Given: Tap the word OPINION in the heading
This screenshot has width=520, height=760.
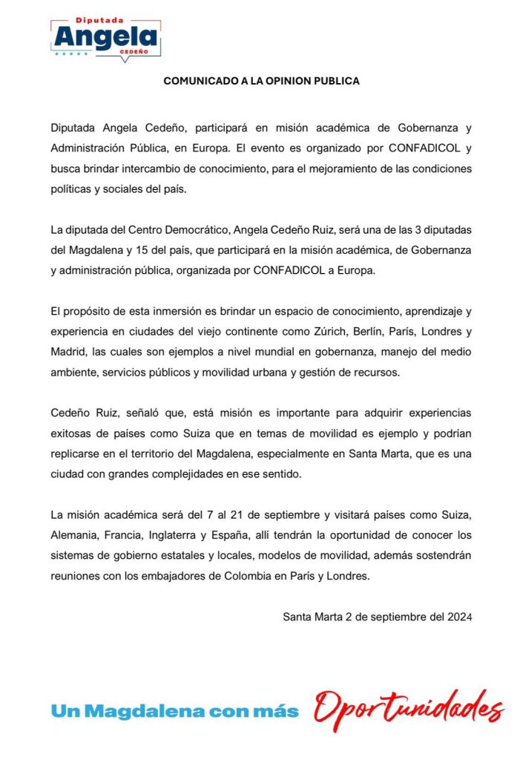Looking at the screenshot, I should (284, 81).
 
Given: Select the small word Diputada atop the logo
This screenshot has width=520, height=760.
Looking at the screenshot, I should (105, 13).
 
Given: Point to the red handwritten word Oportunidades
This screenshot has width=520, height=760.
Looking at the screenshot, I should (409, 709).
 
